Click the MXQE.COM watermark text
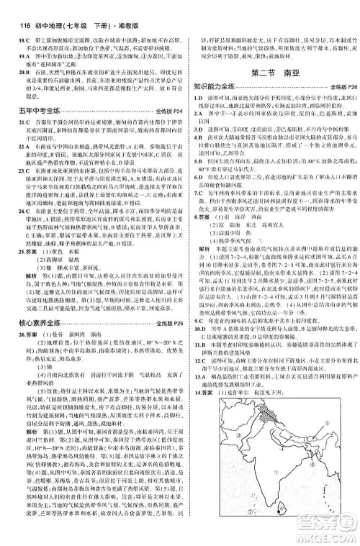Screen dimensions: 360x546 point(325,535)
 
